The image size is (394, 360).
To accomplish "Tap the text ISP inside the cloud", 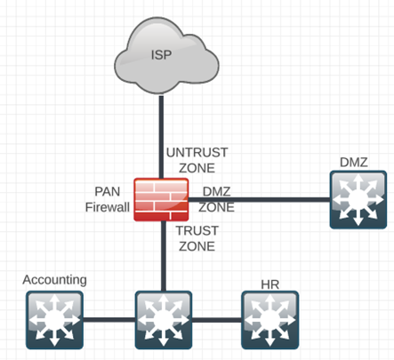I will click(161, 56).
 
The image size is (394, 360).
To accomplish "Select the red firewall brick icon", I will click(161, 200).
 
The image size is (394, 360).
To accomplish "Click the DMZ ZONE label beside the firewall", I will click(216, 199).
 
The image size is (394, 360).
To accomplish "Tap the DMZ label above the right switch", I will click(353, 161).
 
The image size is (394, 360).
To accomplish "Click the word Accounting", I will click(55, 280).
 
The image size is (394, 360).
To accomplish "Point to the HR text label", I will click(270, 284).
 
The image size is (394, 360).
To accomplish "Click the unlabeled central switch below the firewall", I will click(162, 318).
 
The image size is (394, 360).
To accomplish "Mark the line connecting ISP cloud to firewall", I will click(161, 133).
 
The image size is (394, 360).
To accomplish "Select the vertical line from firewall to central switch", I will click(161, 258).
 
